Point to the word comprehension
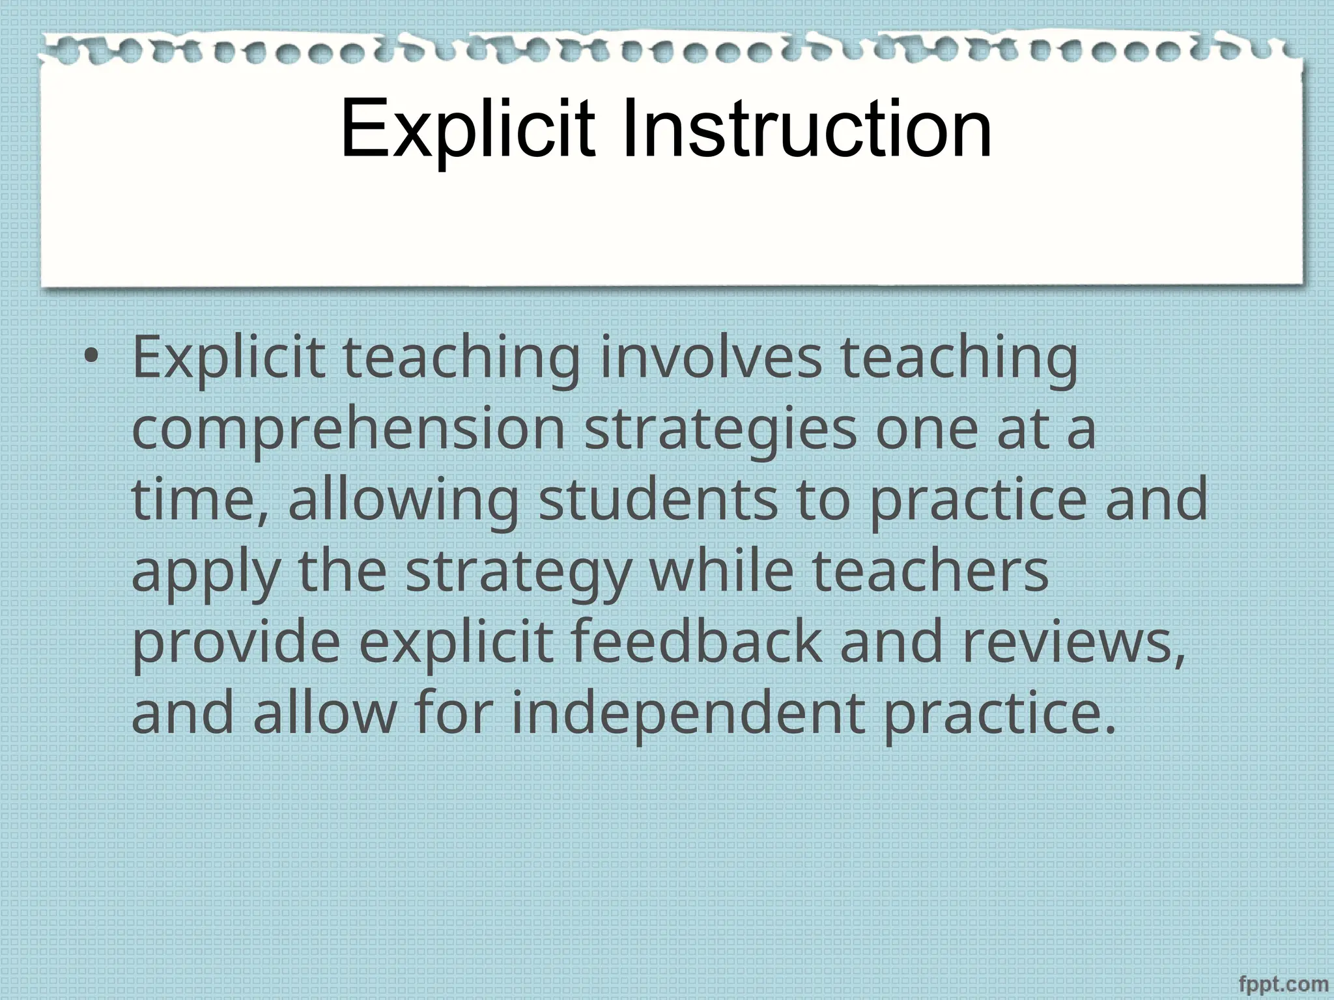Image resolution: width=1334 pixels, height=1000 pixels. point(348,430)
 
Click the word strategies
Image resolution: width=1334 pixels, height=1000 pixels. point(720,430)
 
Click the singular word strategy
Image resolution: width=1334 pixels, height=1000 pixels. point(518,573)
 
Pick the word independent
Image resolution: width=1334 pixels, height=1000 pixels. point(688,715)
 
